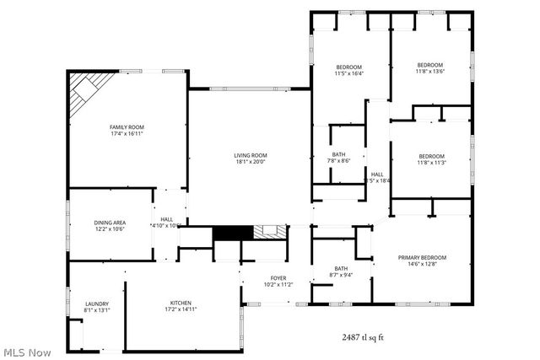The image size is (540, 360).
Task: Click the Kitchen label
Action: pyautogui.click(x=181, y=303)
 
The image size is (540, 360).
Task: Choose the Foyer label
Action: pyautogui.click(x=278, y=278)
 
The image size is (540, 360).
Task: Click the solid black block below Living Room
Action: pyautogui.click(x=227, y=233)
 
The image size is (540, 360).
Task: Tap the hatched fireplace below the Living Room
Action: pyautogui.click(x=268, y=232)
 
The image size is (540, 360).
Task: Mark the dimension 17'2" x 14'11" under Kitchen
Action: pyautogui.click(x=181, y=310)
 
